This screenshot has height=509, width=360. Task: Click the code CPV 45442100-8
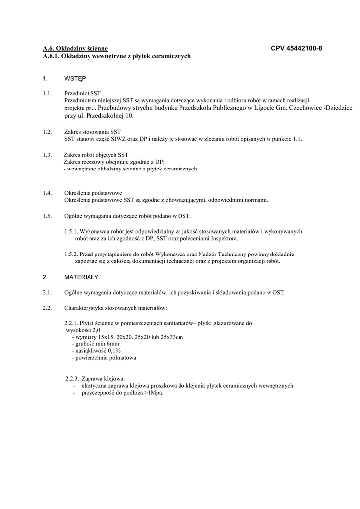pyautogui.click(x=296, y=49)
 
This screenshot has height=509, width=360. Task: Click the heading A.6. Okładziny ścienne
pyautogui.click(x=75, y=49)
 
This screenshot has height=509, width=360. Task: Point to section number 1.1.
pyautogui.click(x=47, y=93)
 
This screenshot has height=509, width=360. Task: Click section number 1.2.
pyautogui.click(x=47, y=132)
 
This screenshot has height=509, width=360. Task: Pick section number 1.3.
pyautogui.click(x=47, y=155)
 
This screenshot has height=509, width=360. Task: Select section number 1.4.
pyautogui.click(x=47, y=193)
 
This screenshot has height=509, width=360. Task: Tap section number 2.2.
pyautogui.click(x=47, y=308)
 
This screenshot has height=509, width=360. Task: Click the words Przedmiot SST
pyautogui.click(x=83, y=93)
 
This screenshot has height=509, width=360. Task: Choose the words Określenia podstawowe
pyautogui.click(x=93, y=193)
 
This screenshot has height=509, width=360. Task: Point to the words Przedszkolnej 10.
pyautogui.click(x=110, y=116)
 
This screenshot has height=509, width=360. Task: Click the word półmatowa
pyautogui.click(x=120, y=357)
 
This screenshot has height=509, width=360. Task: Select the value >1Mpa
pyautogui.click(x=154, y=392)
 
